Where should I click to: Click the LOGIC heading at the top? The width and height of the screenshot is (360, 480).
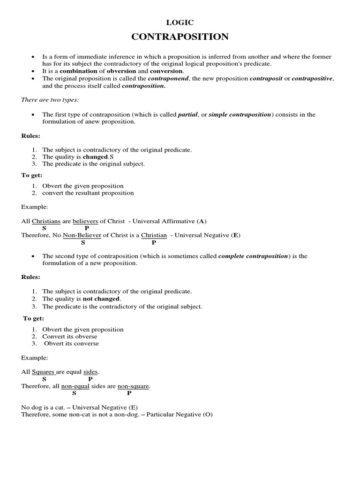point(180,22)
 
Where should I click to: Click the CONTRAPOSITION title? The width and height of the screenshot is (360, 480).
point(180,37)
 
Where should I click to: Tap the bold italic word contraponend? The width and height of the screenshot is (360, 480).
point(168,78)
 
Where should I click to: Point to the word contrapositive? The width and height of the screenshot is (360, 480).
point(312,78)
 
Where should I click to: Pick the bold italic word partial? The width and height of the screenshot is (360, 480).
point(187,114)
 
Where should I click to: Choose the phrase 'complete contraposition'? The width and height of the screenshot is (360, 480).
point(254,256)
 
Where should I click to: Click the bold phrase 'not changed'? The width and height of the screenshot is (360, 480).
point(101,299)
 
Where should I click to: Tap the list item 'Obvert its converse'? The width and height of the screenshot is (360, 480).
point(71,343)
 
